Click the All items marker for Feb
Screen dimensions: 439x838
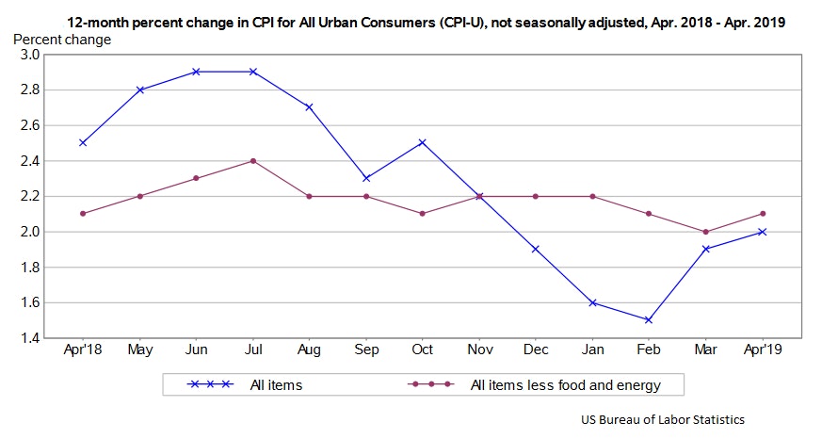[649, 320]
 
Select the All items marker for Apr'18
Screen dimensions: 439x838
[83, 142]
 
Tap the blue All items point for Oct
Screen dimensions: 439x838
[422, 142]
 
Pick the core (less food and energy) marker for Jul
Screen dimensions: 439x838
[252, 160]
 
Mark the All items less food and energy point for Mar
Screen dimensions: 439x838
[705, 232]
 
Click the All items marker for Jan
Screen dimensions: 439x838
[592, 302]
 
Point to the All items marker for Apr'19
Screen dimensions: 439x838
[762, 232]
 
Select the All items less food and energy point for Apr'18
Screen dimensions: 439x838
[83, 214]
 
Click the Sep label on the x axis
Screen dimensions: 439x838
[365, 350]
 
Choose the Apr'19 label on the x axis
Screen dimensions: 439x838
[762, 350]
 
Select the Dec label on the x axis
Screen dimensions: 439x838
[536, 350]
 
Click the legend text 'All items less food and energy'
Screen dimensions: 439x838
[565, 384]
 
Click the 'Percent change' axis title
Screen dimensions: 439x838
[62, 40]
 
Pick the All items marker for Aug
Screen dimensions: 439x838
[309, 107]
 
